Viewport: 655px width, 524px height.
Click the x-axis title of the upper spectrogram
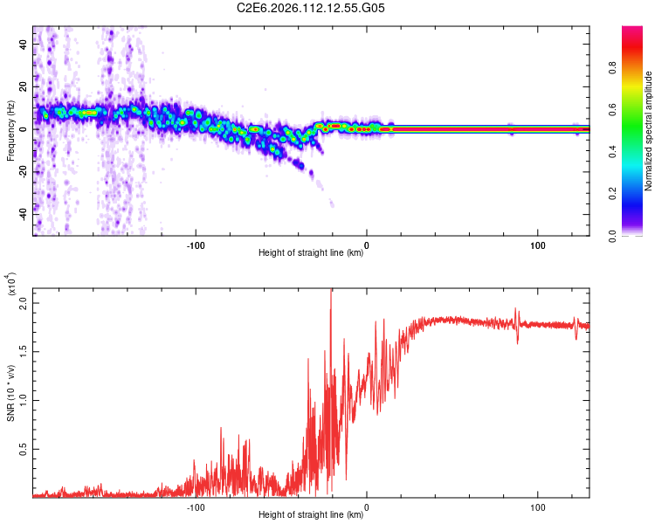(x=311, y=253)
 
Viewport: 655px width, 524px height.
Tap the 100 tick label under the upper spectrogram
(x=538, y=244)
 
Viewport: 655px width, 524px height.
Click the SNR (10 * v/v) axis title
(x=11, y=393)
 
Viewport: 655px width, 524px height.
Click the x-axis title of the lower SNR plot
(x=311, y=515)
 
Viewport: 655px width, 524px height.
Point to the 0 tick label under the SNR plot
(x=367, y=506)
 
